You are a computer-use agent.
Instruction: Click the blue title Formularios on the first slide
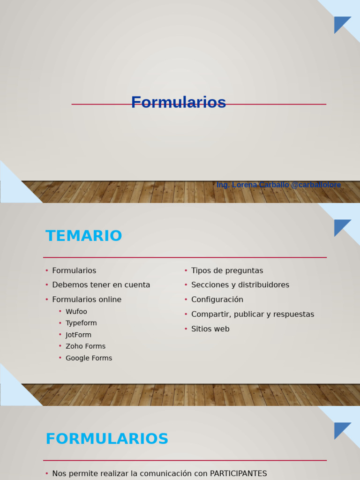coord(179,103)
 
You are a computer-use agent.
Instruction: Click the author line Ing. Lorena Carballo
coord(278,185)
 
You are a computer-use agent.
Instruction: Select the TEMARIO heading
coord(84,236)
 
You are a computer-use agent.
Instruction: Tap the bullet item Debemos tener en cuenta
coord(101,285)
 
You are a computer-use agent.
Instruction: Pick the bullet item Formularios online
coord(87,300)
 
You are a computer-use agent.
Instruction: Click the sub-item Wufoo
coord(76,312)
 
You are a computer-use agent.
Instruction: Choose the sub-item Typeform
coord(81,323)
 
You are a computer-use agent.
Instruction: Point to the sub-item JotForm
coord(78,335)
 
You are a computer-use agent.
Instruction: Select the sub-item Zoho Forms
coord(85,346)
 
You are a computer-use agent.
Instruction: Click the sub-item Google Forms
coord(89,358)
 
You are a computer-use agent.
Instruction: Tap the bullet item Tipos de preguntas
coord(227,271)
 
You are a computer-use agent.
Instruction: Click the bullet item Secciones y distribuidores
coord(240,285)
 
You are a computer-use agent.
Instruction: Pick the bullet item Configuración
coord(217,300)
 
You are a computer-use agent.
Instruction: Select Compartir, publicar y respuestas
coord(253,315)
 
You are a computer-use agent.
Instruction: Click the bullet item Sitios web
coord(210,329)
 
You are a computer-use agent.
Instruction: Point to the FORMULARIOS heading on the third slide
coord(107,439)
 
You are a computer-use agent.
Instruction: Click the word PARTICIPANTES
coord(238,473)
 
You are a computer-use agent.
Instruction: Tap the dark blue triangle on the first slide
coord(340,23)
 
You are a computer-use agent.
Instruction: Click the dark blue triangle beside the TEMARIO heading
coord(340,226)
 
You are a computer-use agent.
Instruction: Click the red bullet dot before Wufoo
coord(60,312)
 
